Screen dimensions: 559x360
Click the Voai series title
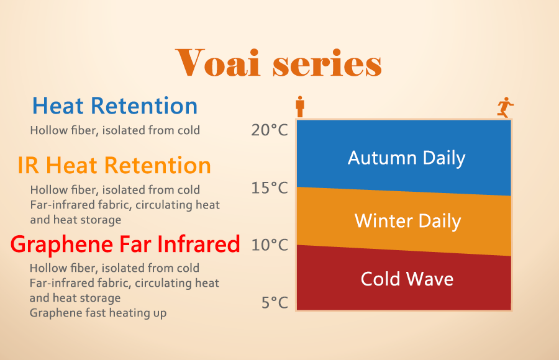pyautogui.click(x=279, y=63)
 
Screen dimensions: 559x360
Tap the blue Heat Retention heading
pyautogui.click(x=115, y=106)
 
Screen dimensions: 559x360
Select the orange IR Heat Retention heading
pyautogui.click(x=114, y=165)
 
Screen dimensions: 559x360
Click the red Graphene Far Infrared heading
pyautogui.click(x=125, y=245)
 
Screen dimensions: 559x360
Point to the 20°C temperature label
pyautogui.click(x=270, y=130)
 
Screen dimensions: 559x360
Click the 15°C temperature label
pyautogui.click(x=270, y=188)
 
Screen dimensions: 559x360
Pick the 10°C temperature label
pyautogui.click(x=270, y=245)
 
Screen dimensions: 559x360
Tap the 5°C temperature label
pyautogui.click(x=275, y=303)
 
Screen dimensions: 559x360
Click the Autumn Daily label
pyautogui.click(x=407, y=158)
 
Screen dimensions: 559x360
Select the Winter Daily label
pyautogui.click(x=408, y=221)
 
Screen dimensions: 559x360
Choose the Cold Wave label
pyautogui.click(x=407, y=279)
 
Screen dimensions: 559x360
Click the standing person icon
pyautogui.click(x=300, y=106)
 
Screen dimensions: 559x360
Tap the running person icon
pyautogui.click(x=505, y=107)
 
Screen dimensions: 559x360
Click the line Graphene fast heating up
pyautogui.click(x=98, y=313)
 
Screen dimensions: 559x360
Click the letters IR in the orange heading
pyautogui.click(x=29, y=166)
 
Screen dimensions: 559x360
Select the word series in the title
pyautogui.click(x=327, y=64)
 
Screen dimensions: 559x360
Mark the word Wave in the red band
pyautogui.click(x=430, y=279)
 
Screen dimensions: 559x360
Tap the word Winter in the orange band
pyautogui.click(x=383, y=220)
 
